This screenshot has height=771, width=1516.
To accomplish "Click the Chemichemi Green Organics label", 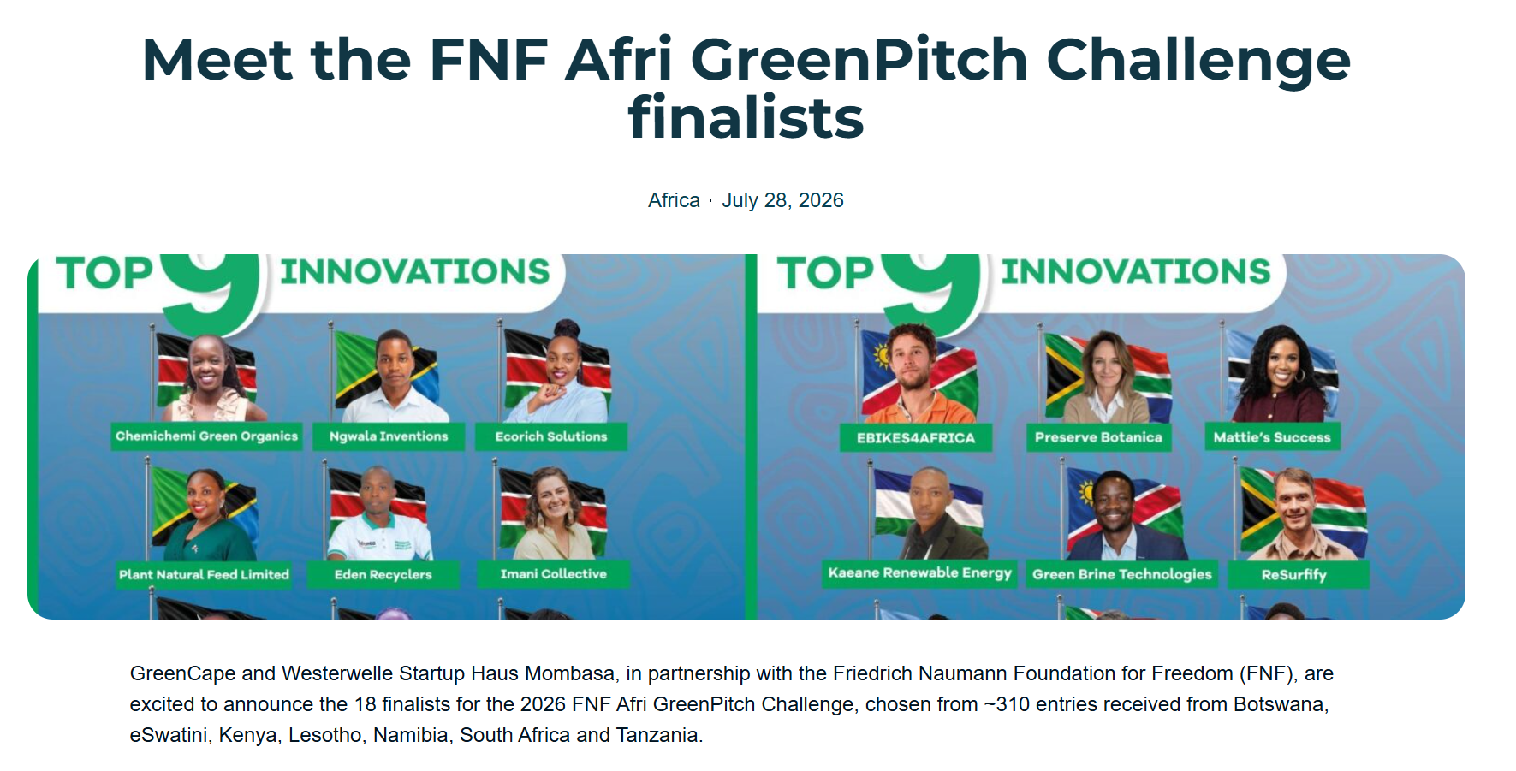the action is pos(206,436).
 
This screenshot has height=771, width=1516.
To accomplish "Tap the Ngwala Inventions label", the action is pos(389,436).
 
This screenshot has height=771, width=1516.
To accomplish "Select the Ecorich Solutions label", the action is pos(551,436).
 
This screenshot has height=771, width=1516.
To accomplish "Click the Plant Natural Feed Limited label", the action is pos(204,574).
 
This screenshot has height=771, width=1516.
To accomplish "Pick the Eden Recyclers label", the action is pos(383,574).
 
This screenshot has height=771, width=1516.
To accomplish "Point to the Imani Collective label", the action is pos(554,574).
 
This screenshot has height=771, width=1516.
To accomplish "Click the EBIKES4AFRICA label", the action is pos(916,437).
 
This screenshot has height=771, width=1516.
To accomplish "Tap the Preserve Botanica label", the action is pos(1098,437).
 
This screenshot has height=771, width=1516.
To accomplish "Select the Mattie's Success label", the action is pos(1272,437).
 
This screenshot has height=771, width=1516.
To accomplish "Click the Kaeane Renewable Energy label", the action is pos(920,572).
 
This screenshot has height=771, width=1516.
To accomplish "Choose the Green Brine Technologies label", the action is pos(1122,574).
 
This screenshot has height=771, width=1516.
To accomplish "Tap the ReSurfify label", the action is pos(1294,574).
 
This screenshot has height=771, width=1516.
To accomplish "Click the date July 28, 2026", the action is pos(782,200).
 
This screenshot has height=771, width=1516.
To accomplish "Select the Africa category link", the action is pos(674,200).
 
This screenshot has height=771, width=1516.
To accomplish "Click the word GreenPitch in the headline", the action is pos(859,60).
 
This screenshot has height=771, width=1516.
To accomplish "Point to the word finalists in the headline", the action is pos(746,118).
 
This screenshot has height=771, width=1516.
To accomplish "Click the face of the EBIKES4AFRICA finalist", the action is pos(913,357).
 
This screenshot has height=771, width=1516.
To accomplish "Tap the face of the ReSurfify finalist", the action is pos(1296,501).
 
